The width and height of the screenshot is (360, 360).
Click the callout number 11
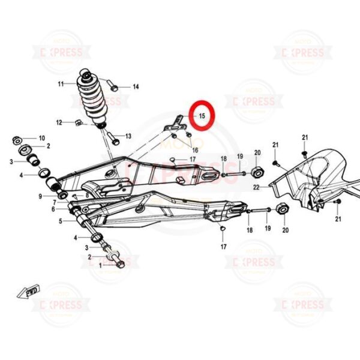(61, 83)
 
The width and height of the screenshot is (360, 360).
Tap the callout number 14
(136, 87)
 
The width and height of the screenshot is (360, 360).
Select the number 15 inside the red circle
(202, 115)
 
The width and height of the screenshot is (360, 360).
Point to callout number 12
(59, 122)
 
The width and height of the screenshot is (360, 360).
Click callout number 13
(128, 137)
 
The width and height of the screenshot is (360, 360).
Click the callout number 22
(257, 187)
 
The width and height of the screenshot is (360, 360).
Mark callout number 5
(60, 221)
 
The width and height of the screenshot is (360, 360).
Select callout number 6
(52, 209)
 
